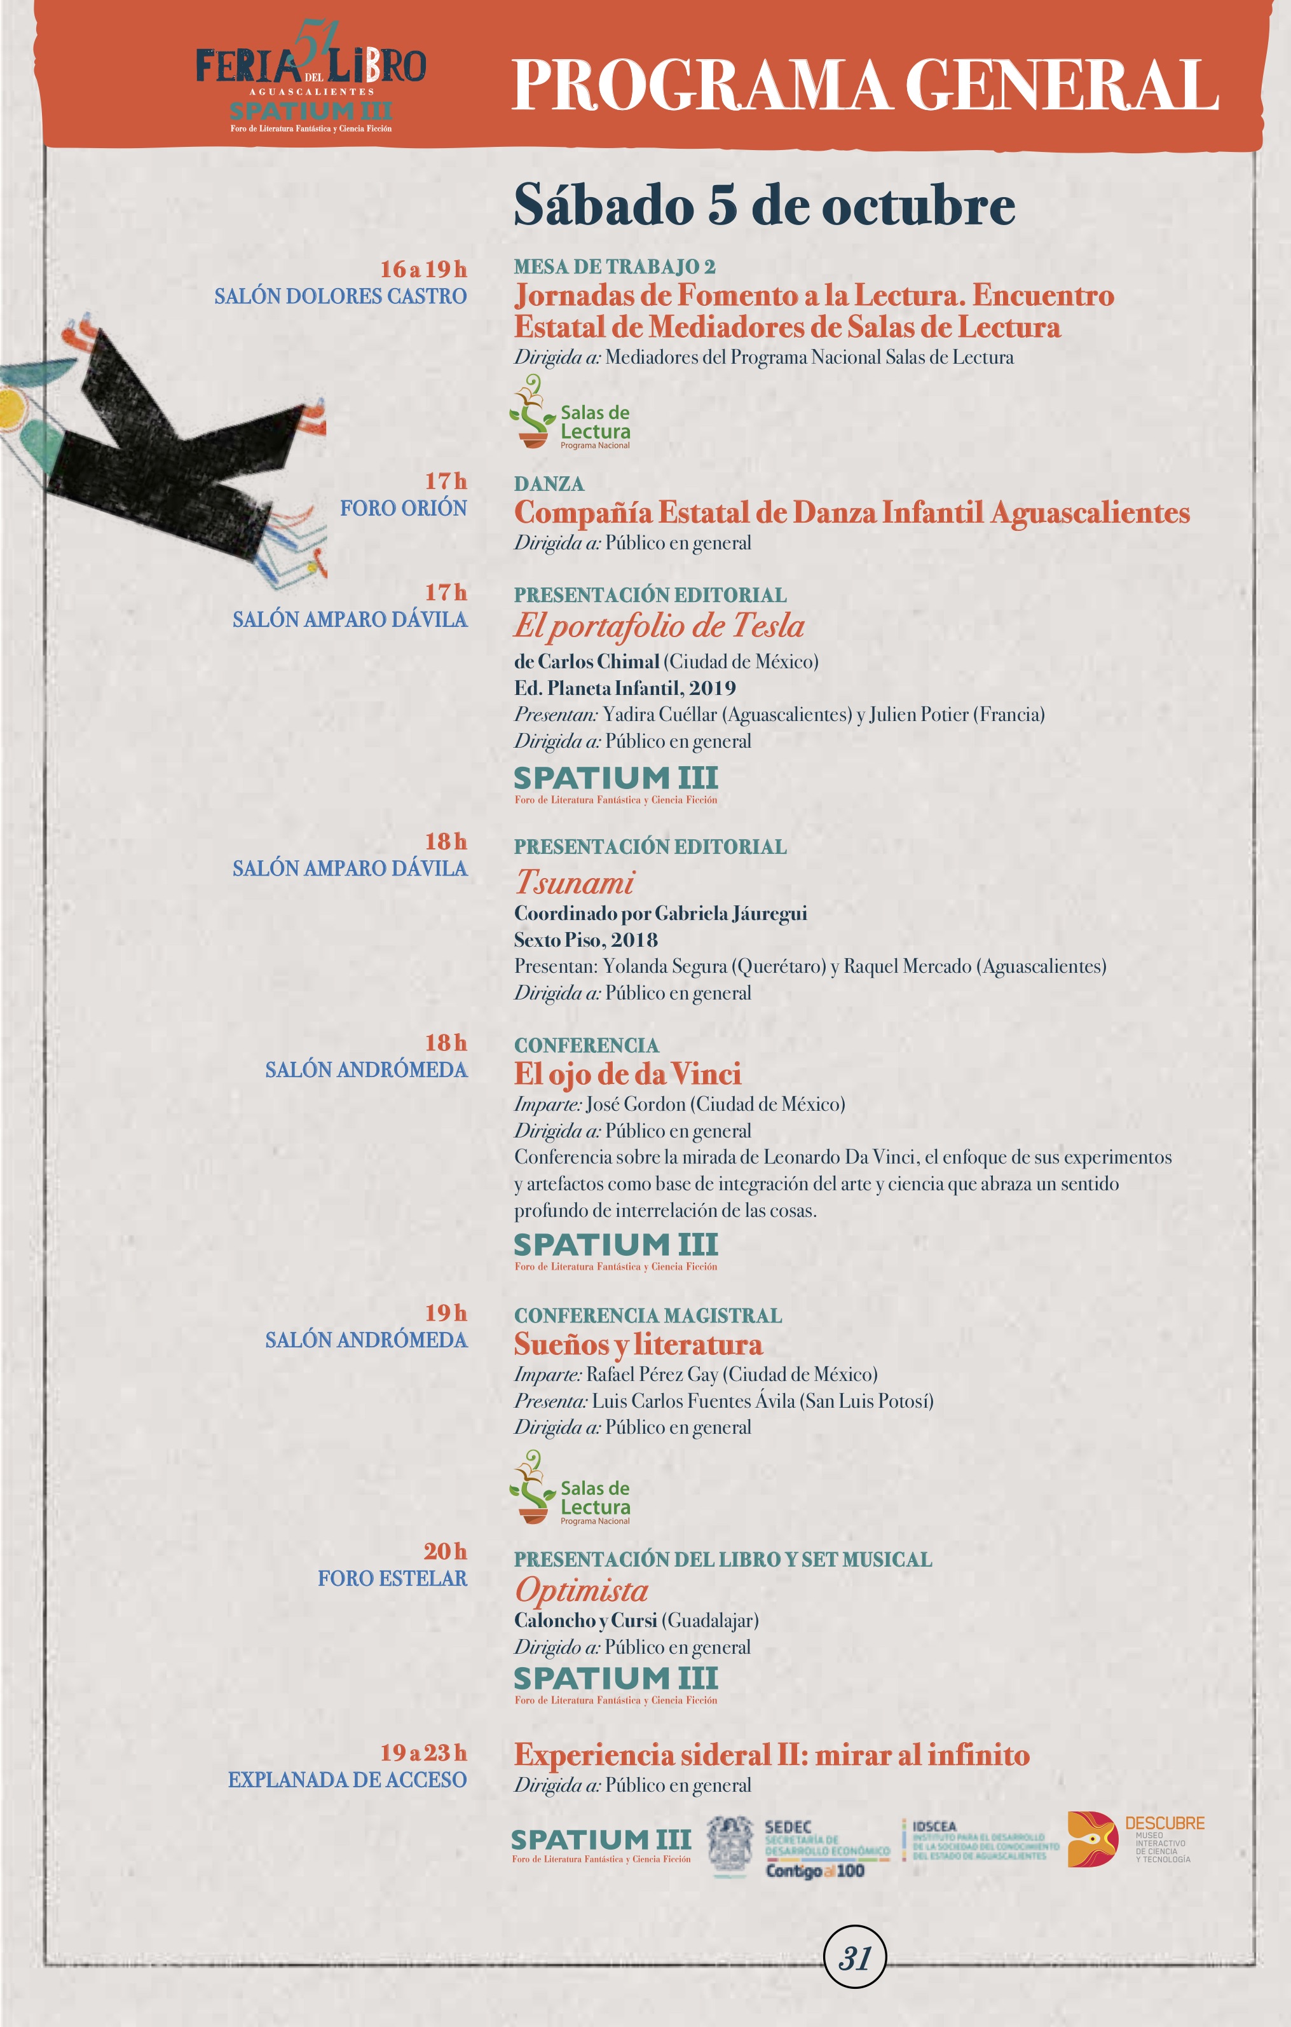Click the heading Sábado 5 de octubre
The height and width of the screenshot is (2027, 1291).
point(764,205)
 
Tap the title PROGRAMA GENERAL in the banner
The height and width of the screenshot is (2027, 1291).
point(865,85)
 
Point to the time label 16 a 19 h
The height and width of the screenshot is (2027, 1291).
point(423,270)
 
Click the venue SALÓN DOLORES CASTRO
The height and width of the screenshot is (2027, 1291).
point(340,296)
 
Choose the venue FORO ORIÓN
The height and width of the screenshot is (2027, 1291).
point(403,509)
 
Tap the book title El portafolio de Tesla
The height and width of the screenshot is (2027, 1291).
point(659,626)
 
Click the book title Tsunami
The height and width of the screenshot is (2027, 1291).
point(575,882)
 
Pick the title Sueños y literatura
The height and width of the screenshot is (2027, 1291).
point(638,1344)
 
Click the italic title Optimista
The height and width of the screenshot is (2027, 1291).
point(582,1590)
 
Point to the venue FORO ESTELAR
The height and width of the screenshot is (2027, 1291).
point(392,1578)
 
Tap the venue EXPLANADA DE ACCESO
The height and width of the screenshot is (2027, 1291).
point(346,1780)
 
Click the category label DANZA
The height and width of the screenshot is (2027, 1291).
point(549,484)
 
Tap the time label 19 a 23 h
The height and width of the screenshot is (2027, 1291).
point(423,1752)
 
